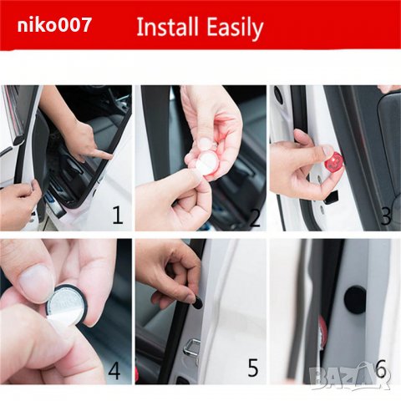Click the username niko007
tap(54, 25)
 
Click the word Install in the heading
tap(168, 27)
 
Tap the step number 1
tap(118, 216)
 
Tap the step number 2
tap(255, 217)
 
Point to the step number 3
tap(386, 216)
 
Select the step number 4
tap(114, 370)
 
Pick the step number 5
tap(253, 368)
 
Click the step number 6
tap(381, 368)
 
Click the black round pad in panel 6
tap(355, 300)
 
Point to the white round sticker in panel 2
tap(206, 165)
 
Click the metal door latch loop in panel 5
tap(191, 349)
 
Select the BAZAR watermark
tap(350, 374)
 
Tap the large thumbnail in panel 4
tap(35, 283)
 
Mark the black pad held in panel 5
tap(197, 302)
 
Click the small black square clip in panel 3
tap(332, 196)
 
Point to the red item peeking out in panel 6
tap(323, 328)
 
